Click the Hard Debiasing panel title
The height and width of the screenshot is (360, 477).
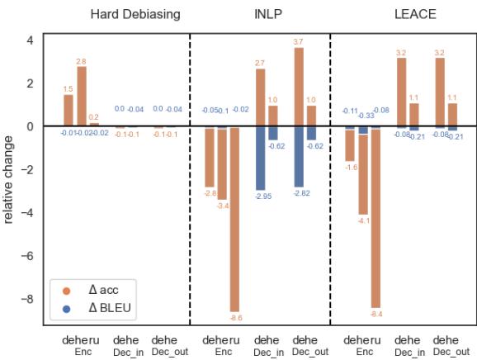point(135,15)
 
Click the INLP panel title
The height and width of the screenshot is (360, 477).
point(268,15)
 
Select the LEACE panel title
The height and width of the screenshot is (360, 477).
point(415,15)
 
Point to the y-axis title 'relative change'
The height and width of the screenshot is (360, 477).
point(9,179)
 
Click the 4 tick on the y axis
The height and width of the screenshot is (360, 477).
point(30,40)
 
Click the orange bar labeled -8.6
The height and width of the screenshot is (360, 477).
point(234,218)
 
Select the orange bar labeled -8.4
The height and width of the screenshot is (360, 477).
point(375,216)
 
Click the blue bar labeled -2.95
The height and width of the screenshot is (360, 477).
point(261,158)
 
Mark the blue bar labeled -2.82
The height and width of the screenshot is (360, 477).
point(299,157)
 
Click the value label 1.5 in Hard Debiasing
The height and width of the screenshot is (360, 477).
point(68,88)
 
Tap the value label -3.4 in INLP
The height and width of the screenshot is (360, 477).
point(222,205)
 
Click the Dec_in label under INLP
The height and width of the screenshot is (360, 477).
point(267,352)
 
